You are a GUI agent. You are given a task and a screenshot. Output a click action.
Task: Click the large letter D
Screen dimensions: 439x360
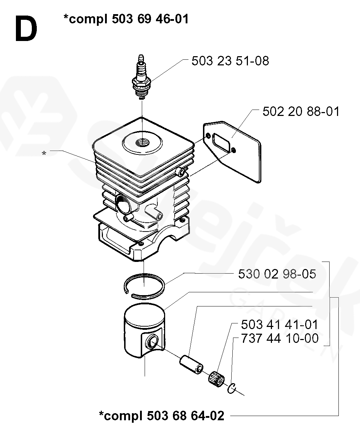(x=25, y=29)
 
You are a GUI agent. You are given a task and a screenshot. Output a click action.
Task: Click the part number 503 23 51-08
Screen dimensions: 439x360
(x=230, y=61)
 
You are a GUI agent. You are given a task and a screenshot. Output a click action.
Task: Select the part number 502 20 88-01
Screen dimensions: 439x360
(x=301, y=112)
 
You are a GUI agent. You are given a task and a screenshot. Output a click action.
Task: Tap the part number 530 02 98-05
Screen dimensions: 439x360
(x=277, y=274)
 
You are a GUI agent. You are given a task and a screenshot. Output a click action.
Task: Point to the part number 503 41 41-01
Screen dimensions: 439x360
(x=279, y=325)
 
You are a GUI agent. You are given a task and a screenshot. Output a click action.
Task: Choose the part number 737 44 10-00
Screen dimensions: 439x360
(x=279, y=338)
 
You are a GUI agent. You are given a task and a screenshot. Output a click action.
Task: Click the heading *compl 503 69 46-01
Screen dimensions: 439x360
(x=126, y=19)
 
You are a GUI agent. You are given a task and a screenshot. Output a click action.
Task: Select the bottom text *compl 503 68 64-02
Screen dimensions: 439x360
(x=162, y=416)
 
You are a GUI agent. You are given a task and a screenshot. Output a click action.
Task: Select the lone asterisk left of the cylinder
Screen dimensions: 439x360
(x=44, y=154)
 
